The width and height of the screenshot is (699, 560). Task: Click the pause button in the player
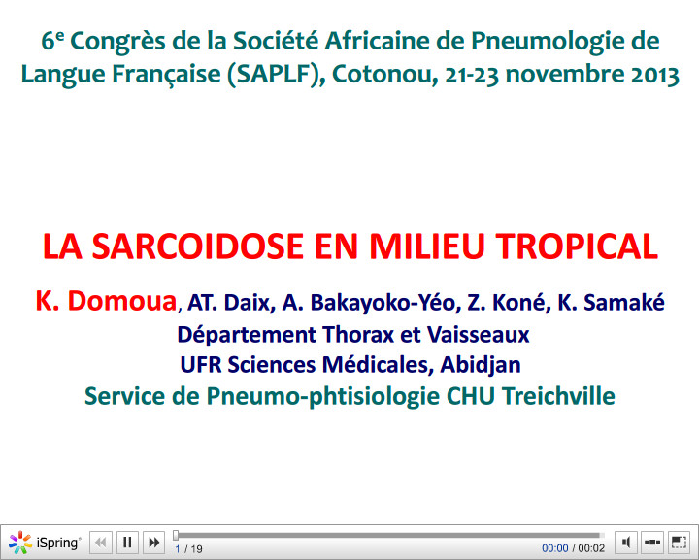(127, 543)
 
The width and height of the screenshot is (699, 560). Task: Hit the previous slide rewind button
(101, 543)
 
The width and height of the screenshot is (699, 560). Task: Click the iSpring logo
(46, 543)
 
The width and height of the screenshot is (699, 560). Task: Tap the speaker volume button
(626, 543)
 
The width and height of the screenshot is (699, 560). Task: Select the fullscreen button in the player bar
(679, 543)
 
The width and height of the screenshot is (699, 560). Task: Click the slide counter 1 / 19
(188, 549)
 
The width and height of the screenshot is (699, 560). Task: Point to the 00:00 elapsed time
(555, 549)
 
